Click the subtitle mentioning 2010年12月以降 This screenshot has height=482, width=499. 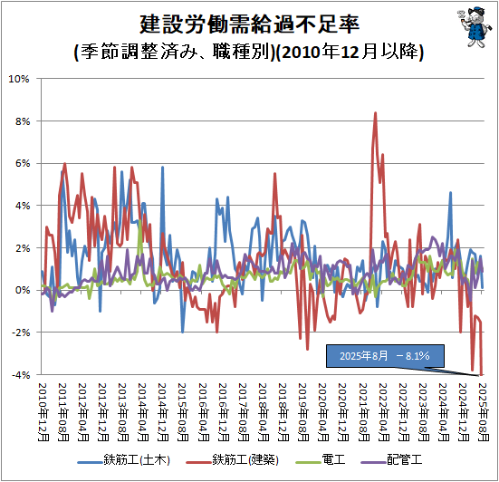[x=249, y=52]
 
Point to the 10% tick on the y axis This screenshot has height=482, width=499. [x=20, y=79]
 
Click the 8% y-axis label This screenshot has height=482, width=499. [x=22, y=120]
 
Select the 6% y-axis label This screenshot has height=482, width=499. [x=22, y=163]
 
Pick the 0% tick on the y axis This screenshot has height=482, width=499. [x=22, y=290]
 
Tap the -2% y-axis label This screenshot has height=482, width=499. [x=20, y=333]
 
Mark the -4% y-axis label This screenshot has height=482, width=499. [x=20, y=374]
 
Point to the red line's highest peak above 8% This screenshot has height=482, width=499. [x=375, y=113]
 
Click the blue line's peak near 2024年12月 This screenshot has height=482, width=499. [x=450, y=192]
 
